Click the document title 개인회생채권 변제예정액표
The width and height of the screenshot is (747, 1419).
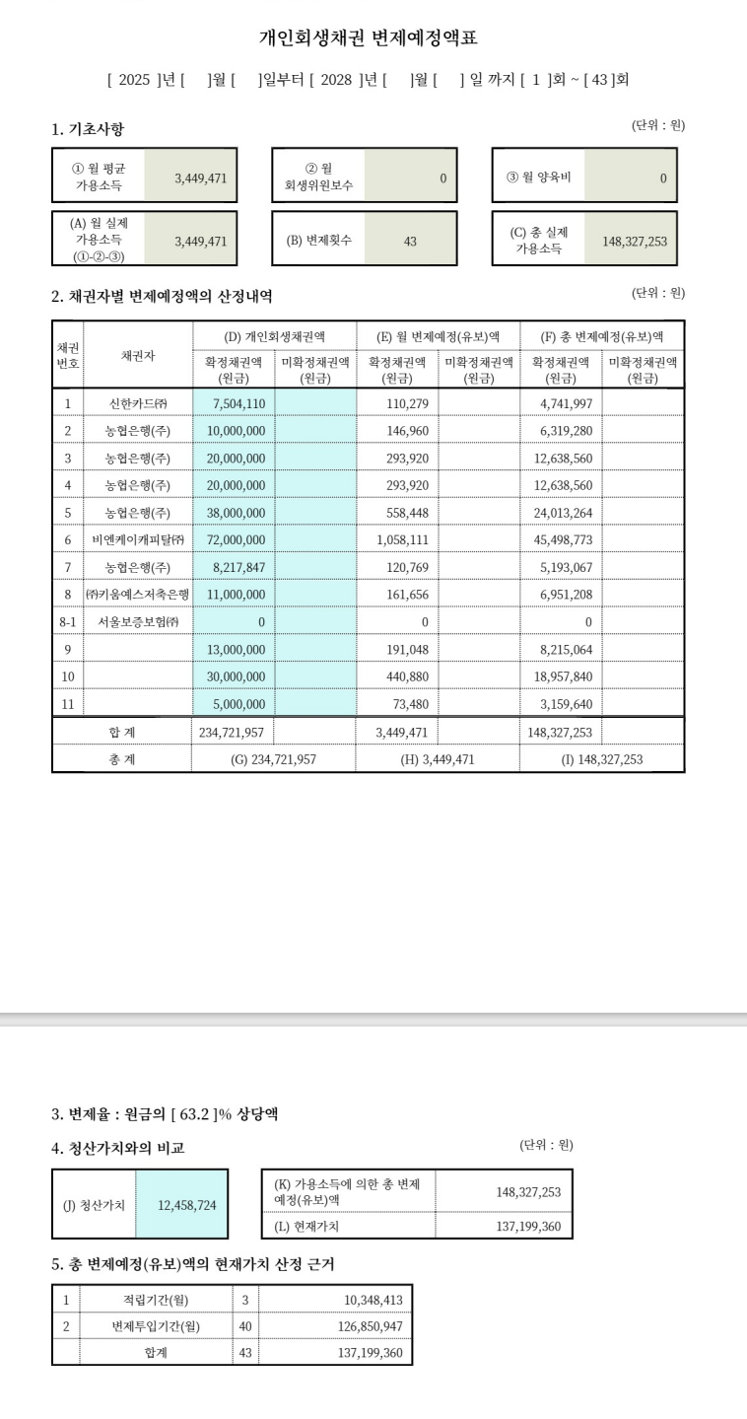(x=373, y=38)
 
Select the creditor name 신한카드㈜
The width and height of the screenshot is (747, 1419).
(x=139, y=403)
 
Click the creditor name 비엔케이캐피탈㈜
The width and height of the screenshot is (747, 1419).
(x=139, y=540)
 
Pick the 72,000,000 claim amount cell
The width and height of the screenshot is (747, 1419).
(x=236, y=540)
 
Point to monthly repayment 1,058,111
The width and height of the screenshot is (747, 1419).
(x=403, y=540)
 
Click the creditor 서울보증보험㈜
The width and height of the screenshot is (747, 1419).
(x=139, y=622)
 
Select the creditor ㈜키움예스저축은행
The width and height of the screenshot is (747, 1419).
(x=138, y=595)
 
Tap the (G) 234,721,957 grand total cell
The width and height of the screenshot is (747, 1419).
(x=273, y=759)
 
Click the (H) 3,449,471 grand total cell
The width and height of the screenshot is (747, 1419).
(x=438, y=759)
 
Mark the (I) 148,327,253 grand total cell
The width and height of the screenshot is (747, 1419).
(x=601, y=759)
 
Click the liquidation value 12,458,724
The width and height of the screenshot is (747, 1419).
(x=187, y=1204)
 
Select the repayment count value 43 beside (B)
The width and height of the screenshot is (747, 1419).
(x=410, y=241)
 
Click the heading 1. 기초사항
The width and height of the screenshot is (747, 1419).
(x=88, y=129)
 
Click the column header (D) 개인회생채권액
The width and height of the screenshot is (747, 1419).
(x=275, y=336)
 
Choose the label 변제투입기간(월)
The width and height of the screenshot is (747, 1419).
(x=156, y=1326)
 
